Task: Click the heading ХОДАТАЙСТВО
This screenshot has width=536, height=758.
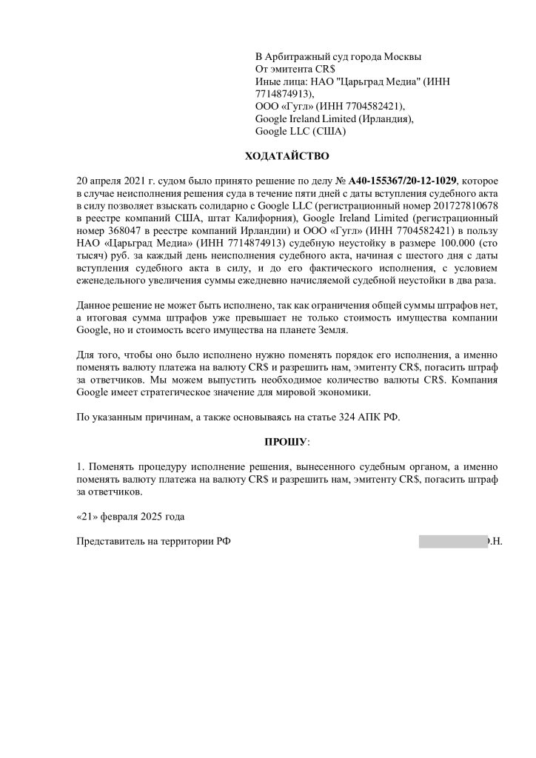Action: pos(287,157)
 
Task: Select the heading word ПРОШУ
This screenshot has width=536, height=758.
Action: pos(286,442)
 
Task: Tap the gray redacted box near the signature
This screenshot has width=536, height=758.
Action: pos(452,541)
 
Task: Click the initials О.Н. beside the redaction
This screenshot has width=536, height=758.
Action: pos(495,541)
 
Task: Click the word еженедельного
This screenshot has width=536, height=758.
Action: pos(115,280)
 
